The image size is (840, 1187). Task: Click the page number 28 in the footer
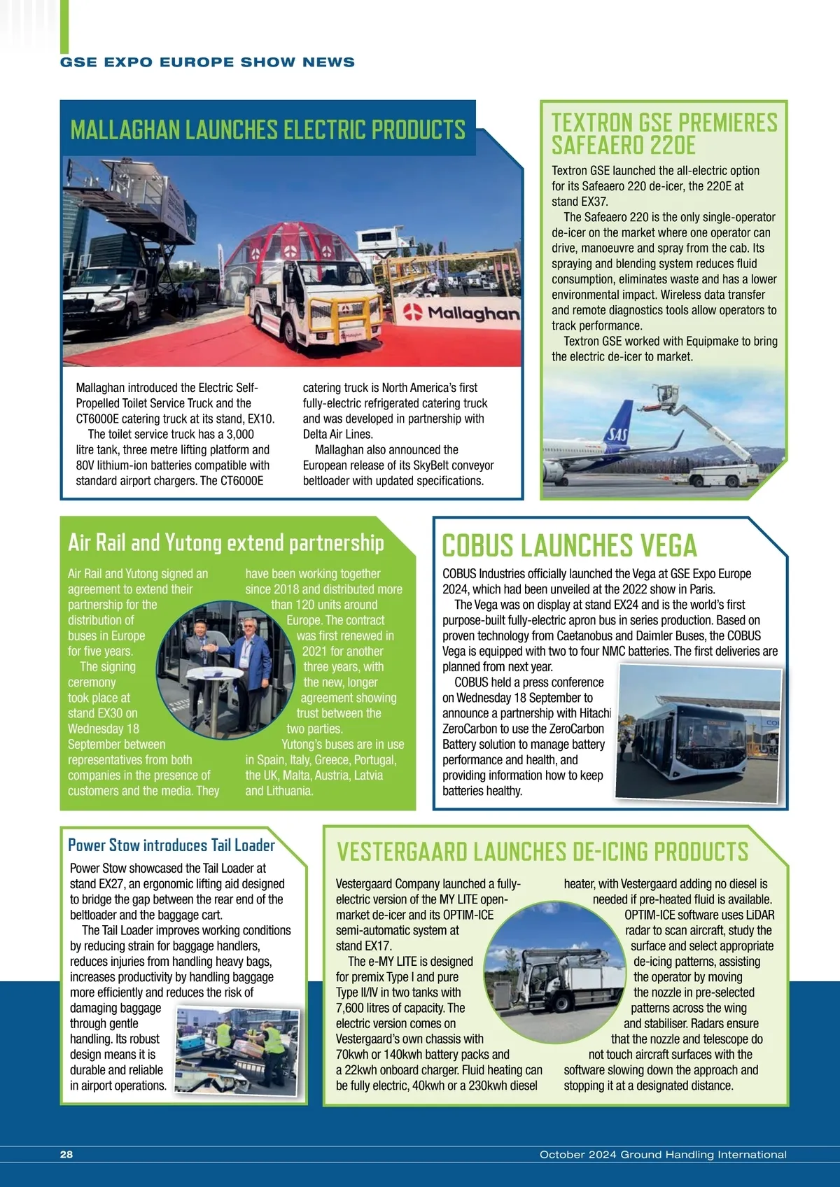(66, 1154)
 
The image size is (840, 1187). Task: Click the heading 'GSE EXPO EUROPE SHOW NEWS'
(207, 62)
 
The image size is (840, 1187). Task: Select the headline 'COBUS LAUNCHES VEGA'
(569, 546)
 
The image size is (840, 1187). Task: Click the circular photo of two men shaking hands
(225, 661)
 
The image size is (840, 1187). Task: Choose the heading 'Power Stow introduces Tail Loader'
(171, 845)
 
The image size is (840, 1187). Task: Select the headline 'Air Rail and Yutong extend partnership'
(226, 542)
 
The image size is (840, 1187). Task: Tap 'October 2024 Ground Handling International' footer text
(663, 1154)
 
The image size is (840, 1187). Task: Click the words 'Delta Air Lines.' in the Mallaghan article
(337, 434)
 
